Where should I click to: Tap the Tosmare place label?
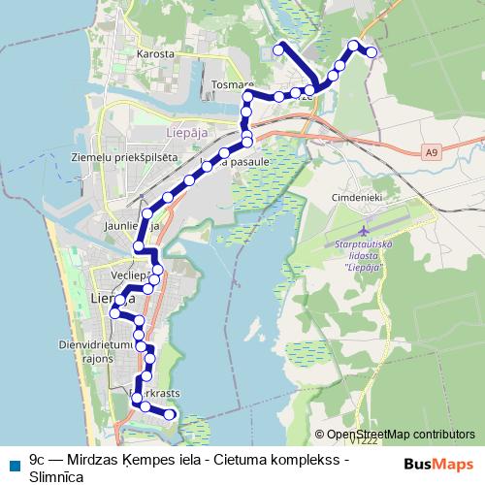click(x=232, y=84)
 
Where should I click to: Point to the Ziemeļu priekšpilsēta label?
click(x=112, y=155)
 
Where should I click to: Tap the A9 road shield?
click(x=431, y=152)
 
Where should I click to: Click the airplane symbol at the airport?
click(x=363, y=232)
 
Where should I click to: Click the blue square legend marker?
click(x=14, y=465)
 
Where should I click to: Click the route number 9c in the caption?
click(x=39, y=456)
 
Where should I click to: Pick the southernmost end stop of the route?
click(x=171, y=414)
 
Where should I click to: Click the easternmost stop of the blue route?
click(x=372, y=52)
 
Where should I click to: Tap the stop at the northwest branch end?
click(x=278, y=48)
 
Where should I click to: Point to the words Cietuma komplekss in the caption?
click(x=286, y=456)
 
